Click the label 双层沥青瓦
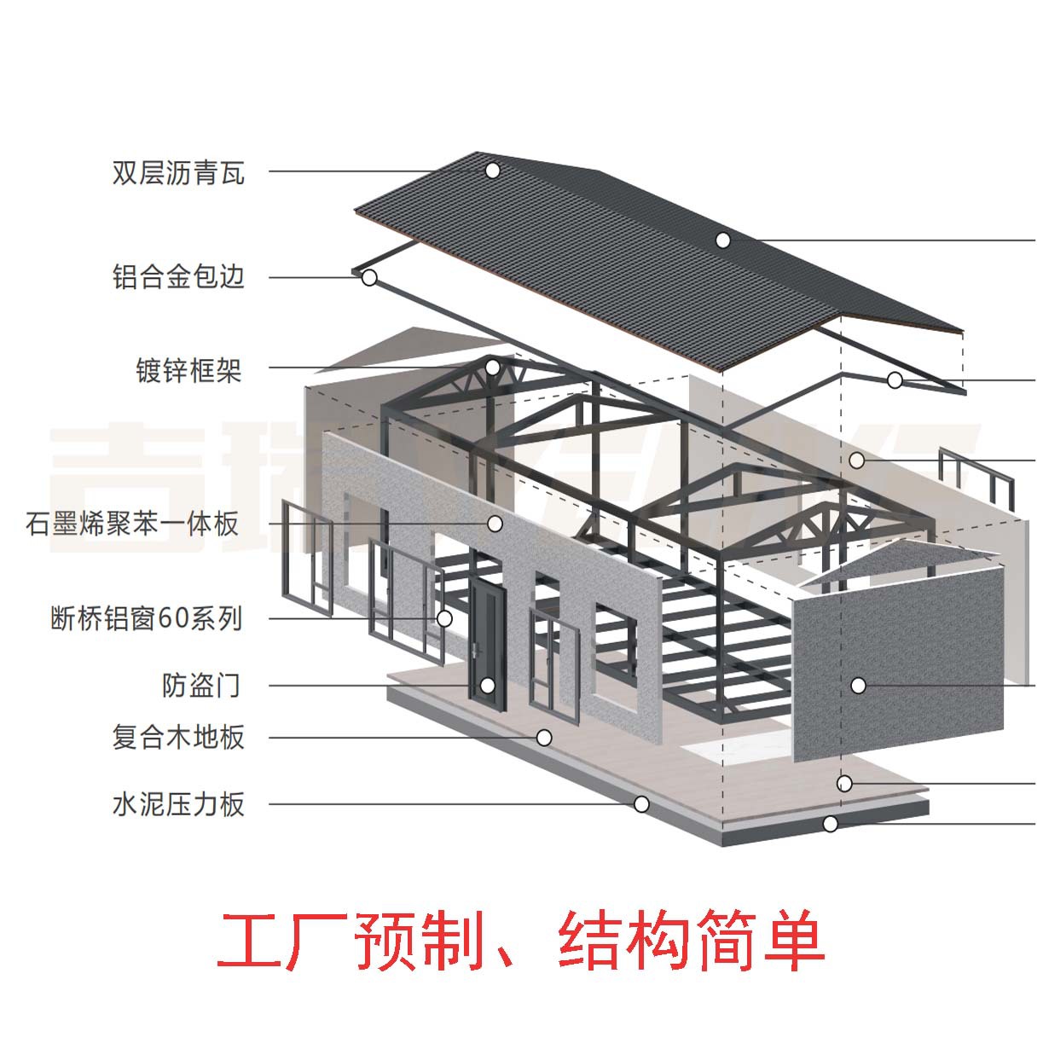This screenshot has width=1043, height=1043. (x=178, y=173)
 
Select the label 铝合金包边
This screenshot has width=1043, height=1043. (x=178, y=277)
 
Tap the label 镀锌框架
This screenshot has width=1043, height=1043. (x=189, y=370)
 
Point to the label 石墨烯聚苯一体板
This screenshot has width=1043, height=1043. (x=133, y=523)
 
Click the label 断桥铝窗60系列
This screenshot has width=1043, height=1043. (x=147, y=617)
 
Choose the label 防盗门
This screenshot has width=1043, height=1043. (x=201, y=685)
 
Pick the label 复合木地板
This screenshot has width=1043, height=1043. (x=178, y=736)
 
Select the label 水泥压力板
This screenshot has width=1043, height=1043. (x=178, y=803)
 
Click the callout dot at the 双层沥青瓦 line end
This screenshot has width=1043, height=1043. (x=492, y=171)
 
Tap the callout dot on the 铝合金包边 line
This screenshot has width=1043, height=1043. (x=369, y=277)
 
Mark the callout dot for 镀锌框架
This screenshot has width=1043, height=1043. (x=492, y=368)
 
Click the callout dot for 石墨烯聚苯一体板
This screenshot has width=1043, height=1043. (x=495, y=523)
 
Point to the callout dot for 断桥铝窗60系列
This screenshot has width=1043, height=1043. (x=444, y=618)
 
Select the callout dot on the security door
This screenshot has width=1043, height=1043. (x=487, y=685)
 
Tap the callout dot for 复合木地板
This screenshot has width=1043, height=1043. (x=543, y=737)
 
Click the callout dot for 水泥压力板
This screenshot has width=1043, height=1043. (x=641, y=803)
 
